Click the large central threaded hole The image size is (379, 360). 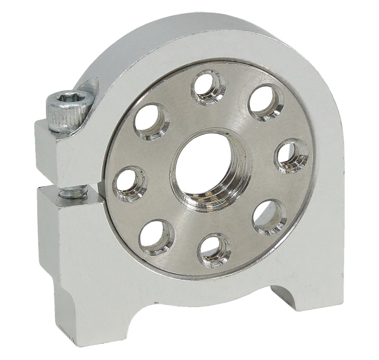coord(206,169)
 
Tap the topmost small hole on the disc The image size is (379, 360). coord(208,87)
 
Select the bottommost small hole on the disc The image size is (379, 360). coord(214,248)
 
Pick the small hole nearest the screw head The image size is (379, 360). coord(152,120)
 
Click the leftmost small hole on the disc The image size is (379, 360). coord(129,183)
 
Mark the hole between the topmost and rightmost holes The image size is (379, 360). coord(265,102)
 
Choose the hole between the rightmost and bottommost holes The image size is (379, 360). coord(270,217)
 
